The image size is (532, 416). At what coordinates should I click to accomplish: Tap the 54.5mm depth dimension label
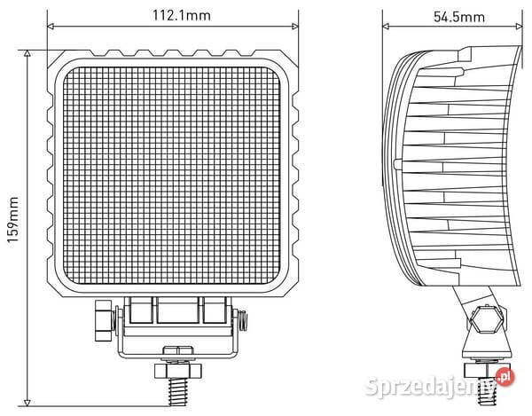tap(459, 16)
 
